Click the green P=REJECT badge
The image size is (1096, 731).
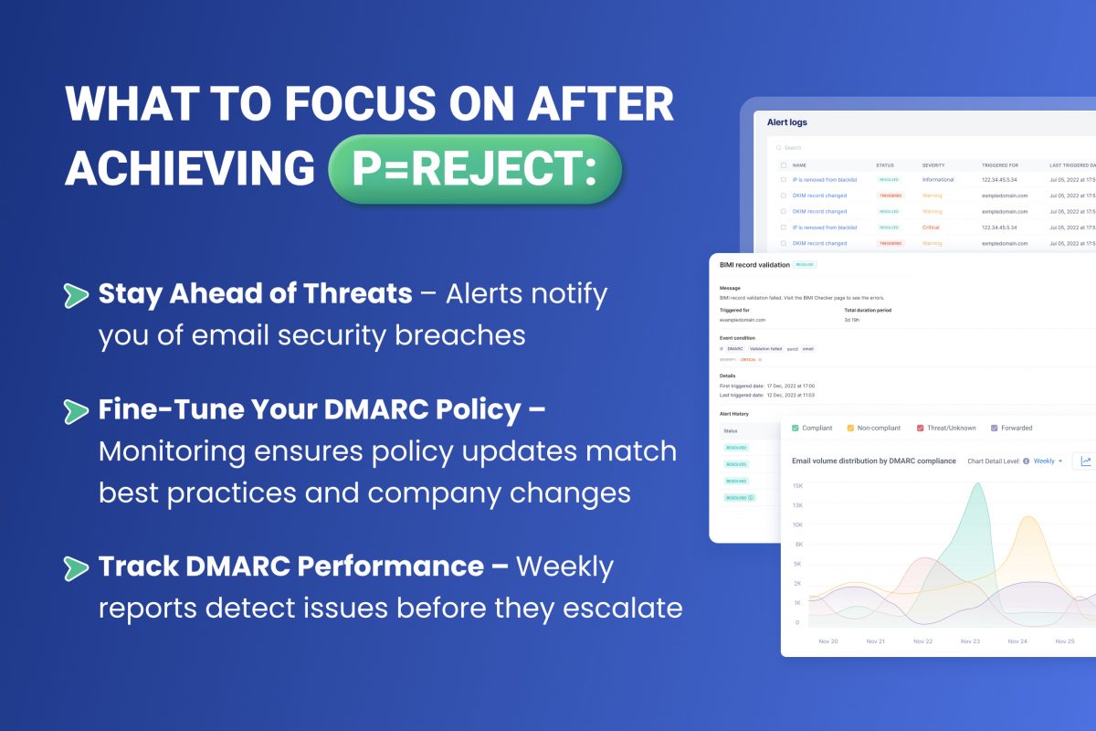point(475,169)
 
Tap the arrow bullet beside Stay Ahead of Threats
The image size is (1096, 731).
point(76,295)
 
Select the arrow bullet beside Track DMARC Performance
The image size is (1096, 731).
point(76,567)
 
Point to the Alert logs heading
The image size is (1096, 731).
point(786,122)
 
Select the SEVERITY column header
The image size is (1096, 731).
point(933,165)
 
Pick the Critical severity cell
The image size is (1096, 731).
point(931,228)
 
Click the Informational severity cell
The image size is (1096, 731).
point(938,180)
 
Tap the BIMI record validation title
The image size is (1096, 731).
point(754,264)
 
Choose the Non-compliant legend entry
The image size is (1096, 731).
point(876,428)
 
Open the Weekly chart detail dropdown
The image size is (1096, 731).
point(1049,461)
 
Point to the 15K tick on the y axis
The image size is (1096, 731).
point(797,486)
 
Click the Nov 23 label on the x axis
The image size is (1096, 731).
point(970,641)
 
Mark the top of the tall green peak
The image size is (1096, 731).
point(976,483)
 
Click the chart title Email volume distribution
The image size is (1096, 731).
point(873,461)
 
